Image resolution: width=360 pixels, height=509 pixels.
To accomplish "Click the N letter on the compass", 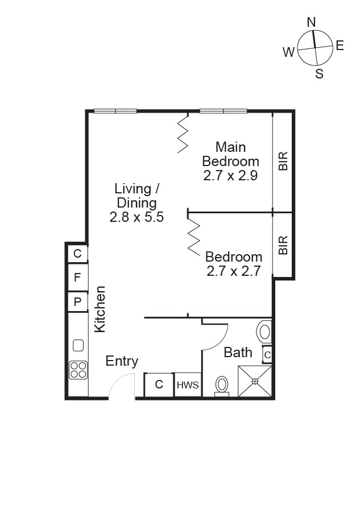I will pos(311,22).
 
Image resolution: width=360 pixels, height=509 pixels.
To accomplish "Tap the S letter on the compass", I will pos(319,73).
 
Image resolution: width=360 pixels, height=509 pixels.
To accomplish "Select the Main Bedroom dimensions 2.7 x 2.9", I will pos(230,176).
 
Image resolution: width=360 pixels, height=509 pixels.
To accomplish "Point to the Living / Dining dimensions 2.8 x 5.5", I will pos(136,217).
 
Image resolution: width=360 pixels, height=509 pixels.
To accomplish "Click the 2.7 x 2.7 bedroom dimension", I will pos(234,271).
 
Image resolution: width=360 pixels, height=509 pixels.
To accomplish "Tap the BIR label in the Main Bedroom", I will pos(283,161).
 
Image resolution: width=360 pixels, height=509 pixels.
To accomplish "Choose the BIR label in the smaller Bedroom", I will pos(283,245).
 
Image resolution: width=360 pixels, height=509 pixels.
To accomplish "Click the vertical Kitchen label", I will pos(100,309).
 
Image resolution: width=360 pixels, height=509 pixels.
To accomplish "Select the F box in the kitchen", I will pos(78,278).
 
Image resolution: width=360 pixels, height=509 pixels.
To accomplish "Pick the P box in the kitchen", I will pos(78,301).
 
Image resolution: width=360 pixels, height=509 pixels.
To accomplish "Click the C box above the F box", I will pos(78,253).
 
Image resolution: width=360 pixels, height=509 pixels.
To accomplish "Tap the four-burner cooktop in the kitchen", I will pos(78,370).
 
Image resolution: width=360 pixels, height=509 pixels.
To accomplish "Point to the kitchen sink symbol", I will pos(78,345).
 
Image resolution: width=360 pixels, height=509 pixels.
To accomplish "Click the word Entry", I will pos(122,361).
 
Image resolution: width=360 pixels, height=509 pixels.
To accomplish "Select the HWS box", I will pos(188,385).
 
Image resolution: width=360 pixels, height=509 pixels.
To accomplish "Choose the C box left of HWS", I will pos(159,384).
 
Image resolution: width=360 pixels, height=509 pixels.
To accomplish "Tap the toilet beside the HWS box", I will pos(222,385).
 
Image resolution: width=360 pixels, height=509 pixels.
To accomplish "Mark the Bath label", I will pos(238,353).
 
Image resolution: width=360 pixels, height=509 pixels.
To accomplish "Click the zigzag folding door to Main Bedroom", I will pos(183,134).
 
